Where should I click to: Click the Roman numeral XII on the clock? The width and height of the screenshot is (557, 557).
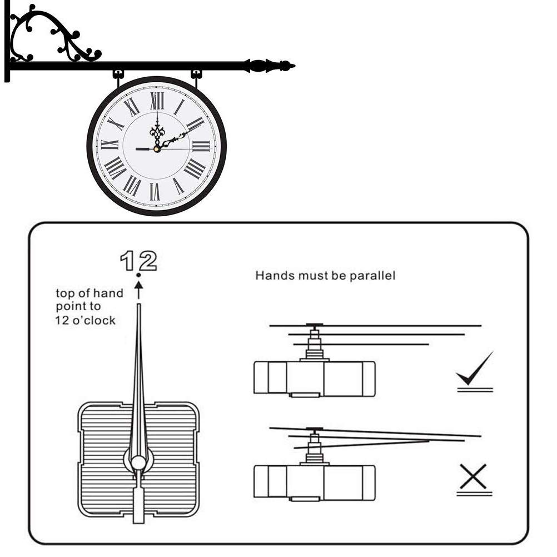(157, 101)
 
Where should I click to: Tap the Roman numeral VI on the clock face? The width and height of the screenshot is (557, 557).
(155, 192)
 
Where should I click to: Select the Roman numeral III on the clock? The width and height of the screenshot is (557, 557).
(201, 146)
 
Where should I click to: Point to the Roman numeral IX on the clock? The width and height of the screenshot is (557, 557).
(110, 145)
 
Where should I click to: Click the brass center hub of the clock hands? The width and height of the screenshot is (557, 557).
(157, 149)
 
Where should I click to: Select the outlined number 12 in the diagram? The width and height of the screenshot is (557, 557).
(138, 261)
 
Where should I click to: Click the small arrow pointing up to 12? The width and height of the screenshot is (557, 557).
(139, 290)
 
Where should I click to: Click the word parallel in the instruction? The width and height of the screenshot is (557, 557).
(372, 276)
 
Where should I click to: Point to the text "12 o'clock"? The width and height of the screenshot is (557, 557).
(85, 320)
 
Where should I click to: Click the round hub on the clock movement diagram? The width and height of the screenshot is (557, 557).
(138, 462)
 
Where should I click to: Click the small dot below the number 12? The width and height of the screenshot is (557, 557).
(138, 275)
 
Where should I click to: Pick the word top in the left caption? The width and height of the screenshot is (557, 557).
(66, 294)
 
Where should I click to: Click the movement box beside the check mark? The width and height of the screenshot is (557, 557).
(315, 379)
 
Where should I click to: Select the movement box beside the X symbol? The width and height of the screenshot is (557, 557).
(315, 483)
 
